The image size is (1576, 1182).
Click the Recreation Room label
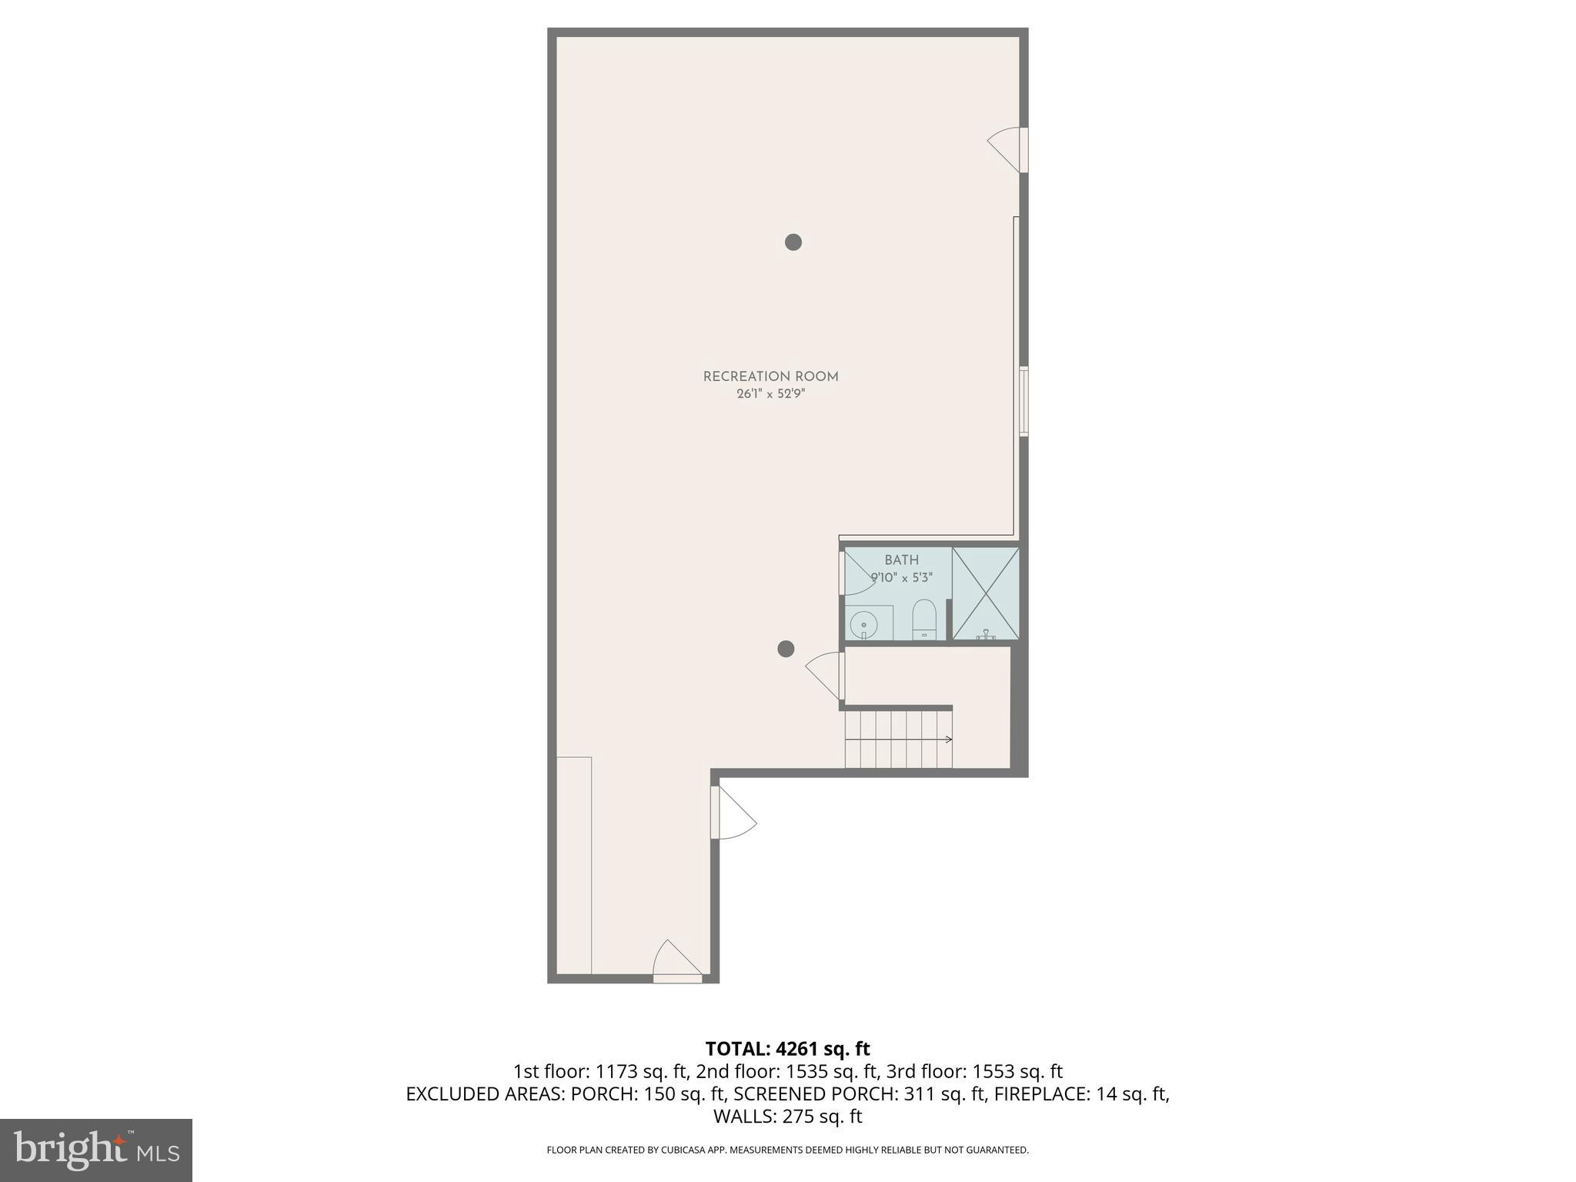(770, 376)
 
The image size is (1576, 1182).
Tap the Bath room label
(901, 560)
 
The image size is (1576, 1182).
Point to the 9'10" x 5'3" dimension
(901, 577)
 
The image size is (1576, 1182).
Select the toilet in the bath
(923, 619)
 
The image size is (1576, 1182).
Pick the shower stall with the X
(986, 593)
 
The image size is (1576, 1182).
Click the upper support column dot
(793, 242)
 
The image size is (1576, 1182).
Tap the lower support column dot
(786, 649)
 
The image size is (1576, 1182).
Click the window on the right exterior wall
(1023, 402)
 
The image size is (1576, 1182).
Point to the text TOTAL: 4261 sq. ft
(787, 1049)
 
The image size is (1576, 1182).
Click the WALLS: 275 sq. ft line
(787, 1116)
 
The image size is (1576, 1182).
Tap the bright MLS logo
(96, 1150)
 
